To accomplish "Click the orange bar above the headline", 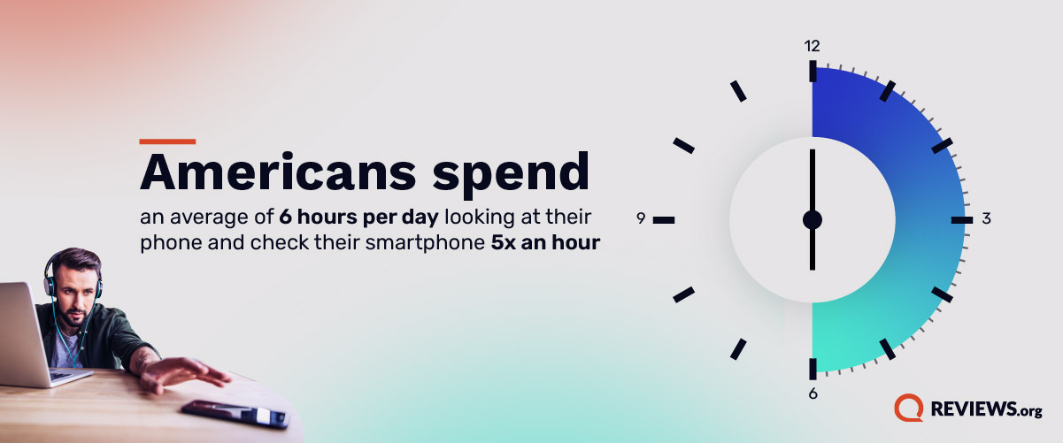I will pyautogui.click(x=167, y=141).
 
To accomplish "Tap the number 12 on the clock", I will pyautogui.click(x=812, y=46).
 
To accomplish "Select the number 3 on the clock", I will pyautogui.click(x=986, y=218).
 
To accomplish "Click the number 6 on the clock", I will pyautogui.click(x=813, y=393).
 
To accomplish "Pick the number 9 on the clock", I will pyautogui.click(x=641, y=218).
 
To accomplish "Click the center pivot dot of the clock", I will pyautogui.click(x=813, y=219).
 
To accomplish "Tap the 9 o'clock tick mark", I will pyautogui.click(x=664, y=219).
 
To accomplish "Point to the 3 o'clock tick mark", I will pyautogui.click(x=958, y=219).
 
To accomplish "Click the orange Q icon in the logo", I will pyautogui.click(x=908, y=408).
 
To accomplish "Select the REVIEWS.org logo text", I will pyautogui.click(x=985, y=409).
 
